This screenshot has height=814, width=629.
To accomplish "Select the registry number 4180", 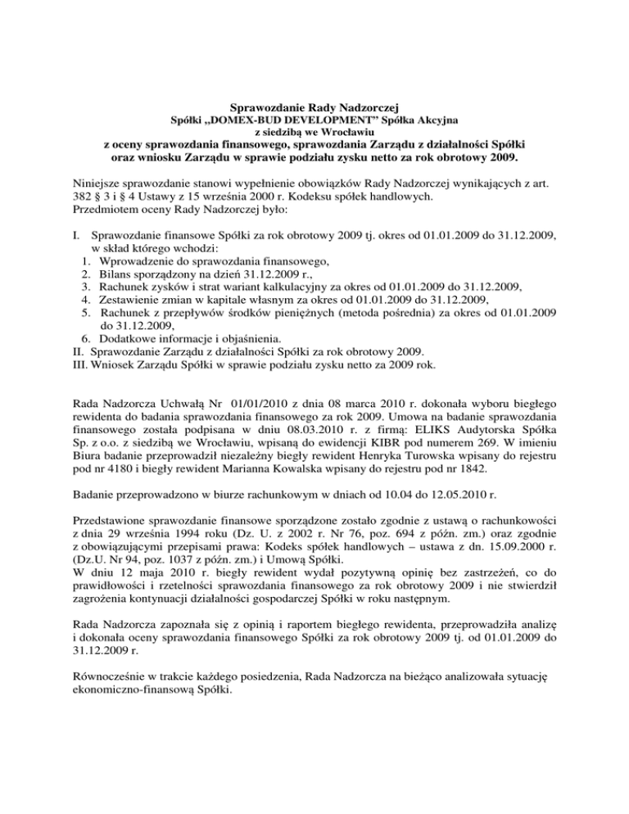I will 113,482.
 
